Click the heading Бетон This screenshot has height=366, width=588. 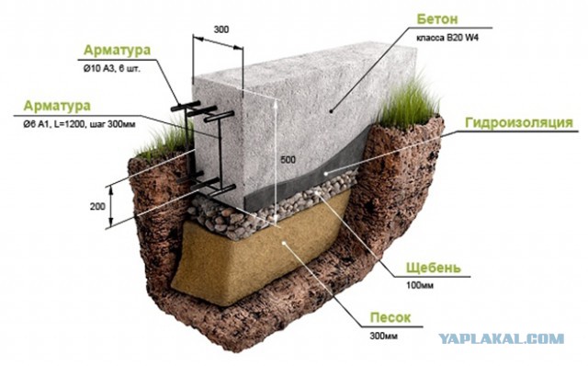point(437,18)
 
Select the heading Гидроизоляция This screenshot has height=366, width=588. point(519,122)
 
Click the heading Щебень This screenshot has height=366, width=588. point(434,268)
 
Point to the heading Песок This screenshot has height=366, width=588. point(390,317)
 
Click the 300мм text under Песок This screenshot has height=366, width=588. point(384,336)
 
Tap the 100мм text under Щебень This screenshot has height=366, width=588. point(420,286)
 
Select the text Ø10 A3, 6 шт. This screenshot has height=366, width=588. point(112,69)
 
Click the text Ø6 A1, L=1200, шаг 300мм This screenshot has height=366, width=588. point(79,125)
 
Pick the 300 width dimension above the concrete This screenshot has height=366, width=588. point(221,29)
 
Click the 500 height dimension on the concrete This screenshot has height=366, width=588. point(288,160)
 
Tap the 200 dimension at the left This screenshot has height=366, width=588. point(97,206)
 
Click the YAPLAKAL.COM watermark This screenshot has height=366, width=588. point(502,338)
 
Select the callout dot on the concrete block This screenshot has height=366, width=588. point(331,111)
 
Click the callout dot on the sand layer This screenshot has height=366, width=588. point(284,243)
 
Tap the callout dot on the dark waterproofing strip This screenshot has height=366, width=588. point(326,173)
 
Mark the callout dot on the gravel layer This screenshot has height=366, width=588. point(317,192)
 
